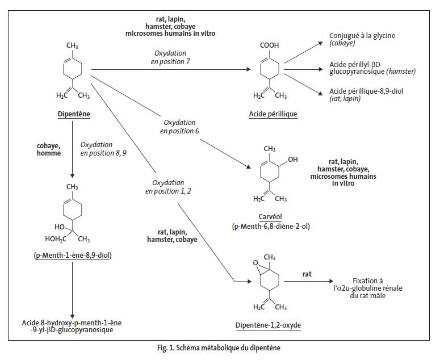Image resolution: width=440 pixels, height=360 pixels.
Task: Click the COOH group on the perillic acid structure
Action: (269, 45)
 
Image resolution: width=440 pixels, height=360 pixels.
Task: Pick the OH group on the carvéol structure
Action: (292, 160)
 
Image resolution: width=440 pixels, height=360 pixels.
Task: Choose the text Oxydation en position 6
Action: (179, 127)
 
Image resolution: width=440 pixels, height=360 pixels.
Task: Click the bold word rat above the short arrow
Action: (307, 274)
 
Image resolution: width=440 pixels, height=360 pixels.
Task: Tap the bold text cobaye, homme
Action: (49, 149)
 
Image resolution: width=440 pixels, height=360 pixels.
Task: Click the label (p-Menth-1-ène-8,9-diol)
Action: (72, 256)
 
